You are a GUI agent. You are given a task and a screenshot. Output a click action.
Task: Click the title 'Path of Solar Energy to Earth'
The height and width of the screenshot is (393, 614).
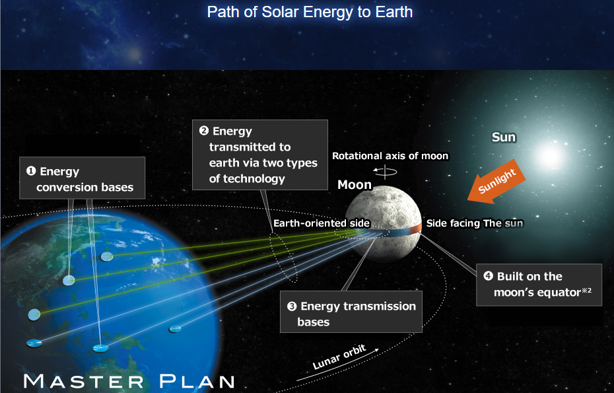(x=310, y=12)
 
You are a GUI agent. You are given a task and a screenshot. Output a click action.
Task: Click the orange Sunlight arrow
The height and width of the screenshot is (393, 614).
(x=496, y=182)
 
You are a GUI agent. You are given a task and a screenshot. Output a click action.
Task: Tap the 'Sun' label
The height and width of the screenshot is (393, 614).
(x=504, y=137)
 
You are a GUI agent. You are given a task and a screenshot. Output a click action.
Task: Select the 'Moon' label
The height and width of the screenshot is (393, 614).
(x=355, y=184)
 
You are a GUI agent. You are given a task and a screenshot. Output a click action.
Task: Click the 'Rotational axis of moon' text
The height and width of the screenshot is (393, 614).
(x=390, y=156)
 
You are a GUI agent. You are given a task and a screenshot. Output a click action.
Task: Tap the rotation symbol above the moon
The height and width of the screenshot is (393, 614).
(x=385, y=171)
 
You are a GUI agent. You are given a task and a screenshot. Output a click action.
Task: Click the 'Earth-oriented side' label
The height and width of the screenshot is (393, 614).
(x=322, y=223)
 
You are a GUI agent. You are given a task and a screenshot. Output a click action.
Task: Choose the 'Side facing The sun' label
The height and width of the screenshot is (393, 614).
(x=475, y=223)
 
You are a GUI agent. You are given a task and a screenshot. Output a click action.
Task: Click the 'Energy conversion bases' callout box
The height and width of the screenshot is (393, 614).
(x=83, y=178)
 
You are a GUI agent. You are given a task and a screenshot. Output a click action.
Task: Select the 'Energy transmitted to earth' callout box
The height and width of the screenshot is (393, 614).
(x=260, y=155)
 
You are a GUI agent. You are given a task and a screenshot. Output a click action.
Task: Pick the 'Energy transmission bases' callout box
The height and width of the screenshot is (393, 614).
(x=351, y=312)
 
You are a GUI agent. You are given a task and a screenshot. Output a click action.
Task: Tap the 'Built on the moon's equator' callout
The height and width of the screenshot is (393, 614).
(x=539, y=285)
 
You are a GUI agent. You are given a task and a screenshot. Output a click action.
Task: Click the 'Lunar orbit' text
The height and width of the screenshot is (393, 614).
(x=339, y=357)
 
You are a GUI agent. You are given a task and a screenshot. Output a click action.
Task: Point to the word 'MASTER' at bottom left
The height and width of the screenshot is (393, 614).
(x=83, y=381)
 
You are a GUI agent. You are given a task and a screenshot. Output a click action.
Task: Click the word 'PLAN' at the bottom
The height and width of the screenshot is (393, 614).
(x=197, y=381)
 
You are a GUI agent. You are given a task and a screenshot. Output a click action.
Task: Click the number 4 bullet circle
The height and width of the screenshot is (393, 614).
(x=489, y=276)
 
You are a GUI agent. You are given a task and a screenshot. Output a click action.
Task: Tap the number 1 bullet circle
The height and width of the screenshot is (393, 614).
(x=31, y=171)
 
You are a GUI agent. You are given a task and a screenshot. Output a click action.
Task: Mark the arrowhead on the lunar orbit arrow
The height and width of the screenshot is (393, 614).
(x=377, y=349)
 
